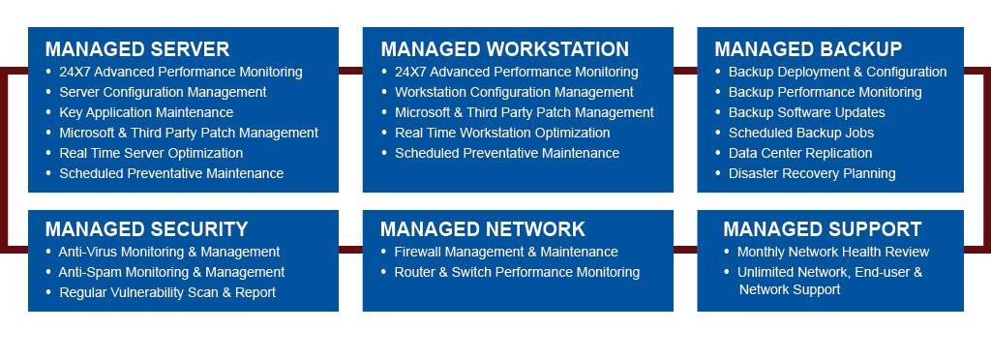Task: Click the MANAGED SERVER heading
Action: click(x=136, y=49)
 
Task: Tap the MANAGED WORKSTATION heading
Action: click(x=504, y=49)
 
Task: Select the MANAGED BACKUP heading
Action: click(x=808, y=49)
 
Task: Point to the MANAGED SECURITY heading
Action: click(x=146, y=229)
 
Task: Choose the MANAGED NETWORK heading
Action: click(x=482, y=229)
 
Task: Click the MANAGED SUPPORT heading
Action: click(x=822, y=229)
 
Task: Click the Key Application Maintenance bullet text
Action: click(x=146, y=112)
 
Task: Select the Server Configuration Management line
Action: click(x=163, y=92)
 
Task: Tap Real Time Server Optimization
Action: click(x=151, y=153)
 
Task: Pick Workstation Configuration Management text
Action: click(x=514, y=92)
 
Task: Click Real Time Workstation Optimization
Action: click(x=502, y=133)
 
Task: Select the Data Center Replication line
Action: click(x=800, y=153)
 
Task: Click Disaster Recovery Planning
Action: click(x=812, y=173)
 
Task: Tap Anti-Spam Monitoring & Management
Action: click(x=171, y=272)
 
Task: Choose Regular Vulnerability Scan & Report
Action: click(x=167, y=292)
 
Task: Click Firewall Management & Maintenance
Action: click(x=505, y=252)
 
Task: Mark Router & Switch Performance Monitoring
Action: click(x=517, y=272)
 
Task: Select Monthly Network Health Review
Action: click(x=833, y=252)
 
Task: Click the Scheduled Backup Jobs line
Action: click(x=800, y=133)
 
